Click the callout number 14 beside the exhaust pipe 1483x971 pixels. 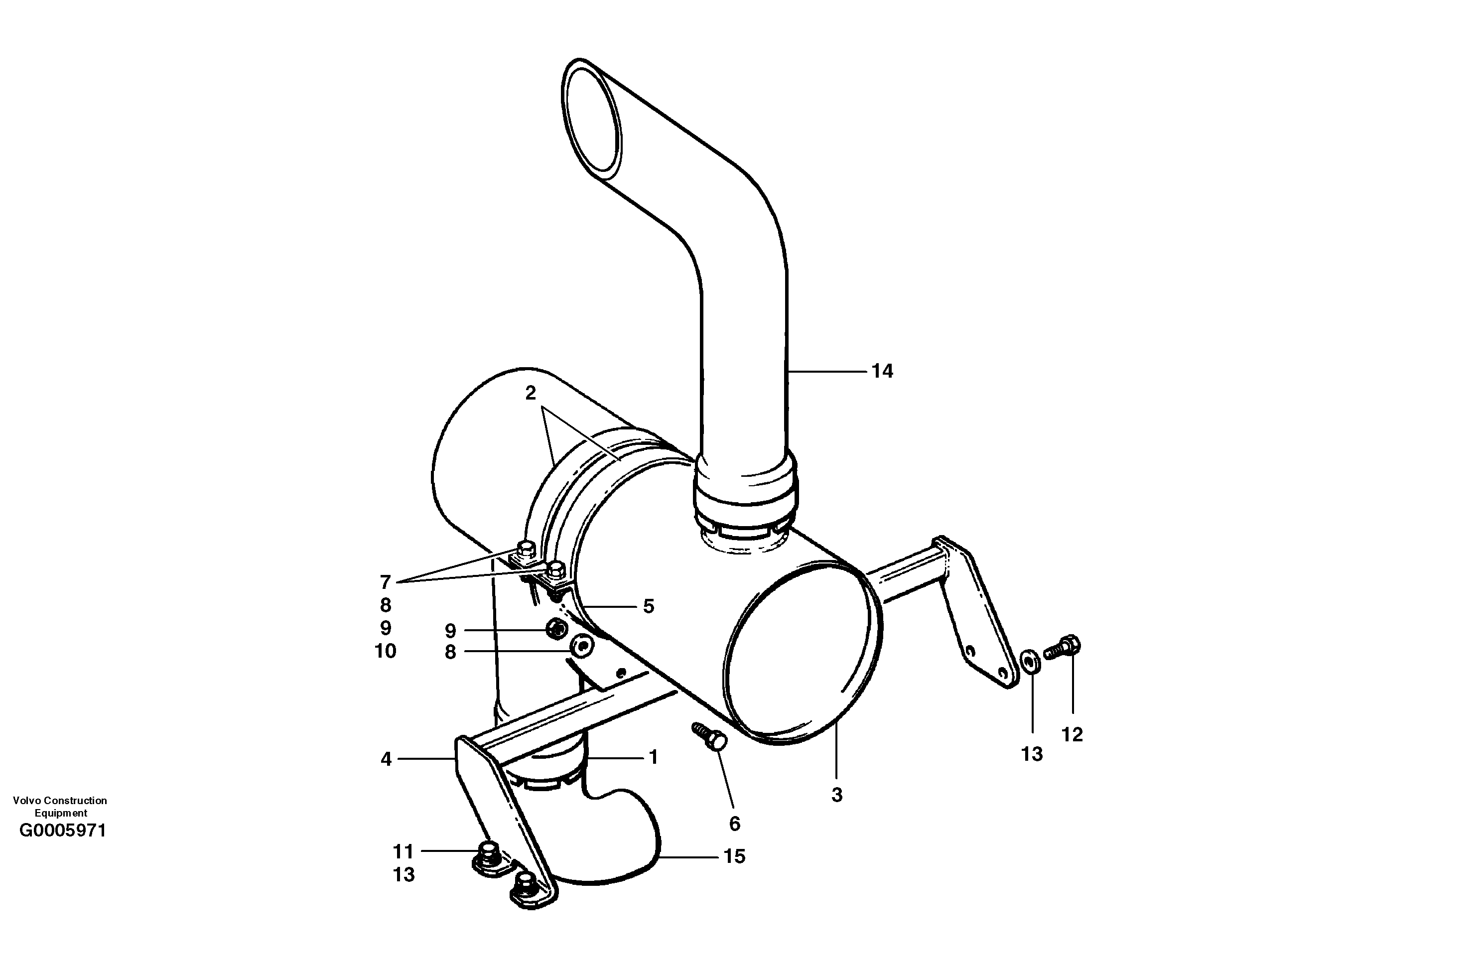pos(882,372)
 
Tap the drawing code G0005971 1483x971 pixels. pos(63,831)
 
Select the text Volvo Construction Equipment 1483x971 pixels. pos(60,807)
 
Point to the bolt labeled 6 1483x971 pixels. pos(710,736)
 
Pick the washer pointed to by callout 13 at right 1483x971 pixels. pos(1029,661)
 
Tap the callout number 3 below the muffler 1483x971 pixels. pos(837,795)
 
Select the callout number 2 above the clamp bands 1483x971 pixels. pos(530,393)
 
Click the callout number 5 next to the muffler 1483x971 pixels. pos(649,606)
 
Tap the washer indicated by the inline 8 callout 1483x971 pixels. pos(581,646)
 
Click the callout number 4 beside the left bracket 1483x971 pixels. pos(386,759)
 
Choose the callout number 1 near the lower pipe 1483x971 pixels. pos(653,757)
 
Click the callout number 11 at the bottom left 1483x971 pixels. pos(403,851)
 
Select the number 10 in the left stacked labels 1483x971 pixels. pos(385,651)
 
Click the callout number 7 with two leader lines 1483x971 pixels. pos(385,582)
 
